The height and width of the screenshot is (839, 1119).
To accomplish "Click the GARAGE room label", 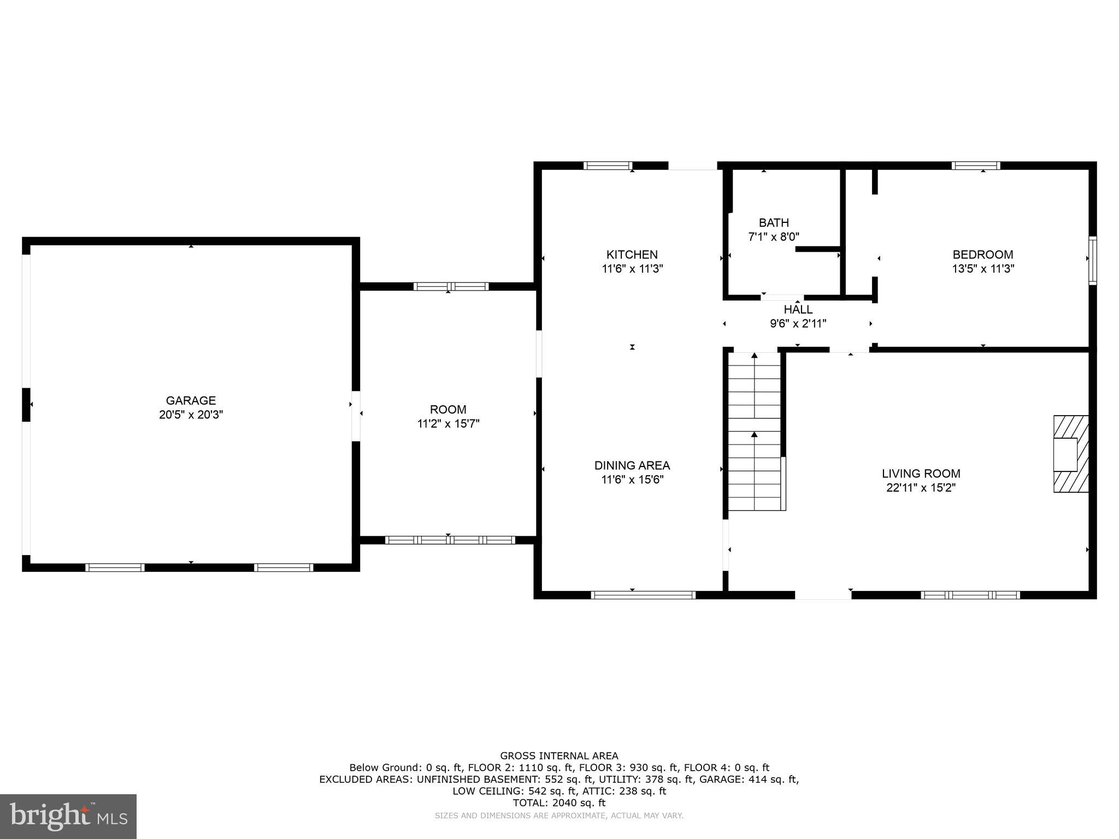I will coord(191,400).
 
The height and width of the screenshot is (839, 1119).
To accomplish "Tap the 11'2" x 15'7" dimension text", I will coord(448,423).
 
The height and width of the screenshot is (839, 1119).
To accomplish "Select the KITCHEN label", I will coord(632,255).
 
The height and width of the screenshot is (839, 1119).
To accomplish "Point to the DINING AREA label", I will coord(632,465).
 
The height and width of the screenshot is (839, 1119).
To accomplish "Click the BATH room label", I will coord(774,223).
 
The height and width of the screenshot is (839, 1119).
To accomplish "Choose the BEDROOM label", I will coord(982,255).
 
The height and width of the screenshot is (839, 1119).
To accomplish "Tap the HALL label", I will coord(798,310).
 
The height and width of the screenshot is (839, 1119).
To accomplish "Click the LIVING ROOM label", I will coord(921,474).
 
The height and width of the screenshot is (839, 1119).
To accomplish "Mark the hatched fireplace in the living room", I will coord(1071,454).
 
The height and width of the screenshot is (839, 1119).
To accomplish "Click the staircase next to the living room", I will coord(755,432).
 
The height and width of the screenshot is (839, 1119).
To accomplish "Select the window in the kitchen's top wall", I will coord(608,166).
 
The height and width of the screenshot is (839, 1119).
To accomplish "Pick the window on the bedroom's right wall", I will coord(1092,260).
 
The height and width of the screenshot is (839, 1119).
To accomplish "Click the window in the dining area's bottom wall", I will coord(643,595).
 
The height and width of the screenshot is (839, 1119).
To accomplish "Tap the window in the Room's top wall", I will coord(451,286).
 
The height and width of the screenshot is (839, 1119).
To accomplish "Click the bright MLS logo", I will coord(68,816).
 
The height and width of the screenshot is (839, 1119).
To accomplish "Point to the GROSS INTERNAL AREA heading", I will coord(559,756).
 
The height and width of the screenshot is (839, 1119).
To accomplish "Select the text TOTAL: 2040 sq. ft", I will coord(559,803).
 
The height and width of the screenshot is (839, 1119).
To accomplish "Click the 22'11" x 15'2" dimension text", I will coord(921,488).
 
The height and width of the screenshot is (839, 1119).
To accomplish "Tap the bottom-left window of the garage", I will coord(115,568).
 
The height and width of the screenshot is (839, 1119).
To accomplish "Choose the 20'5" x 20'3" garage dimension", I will coord(191,415).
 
